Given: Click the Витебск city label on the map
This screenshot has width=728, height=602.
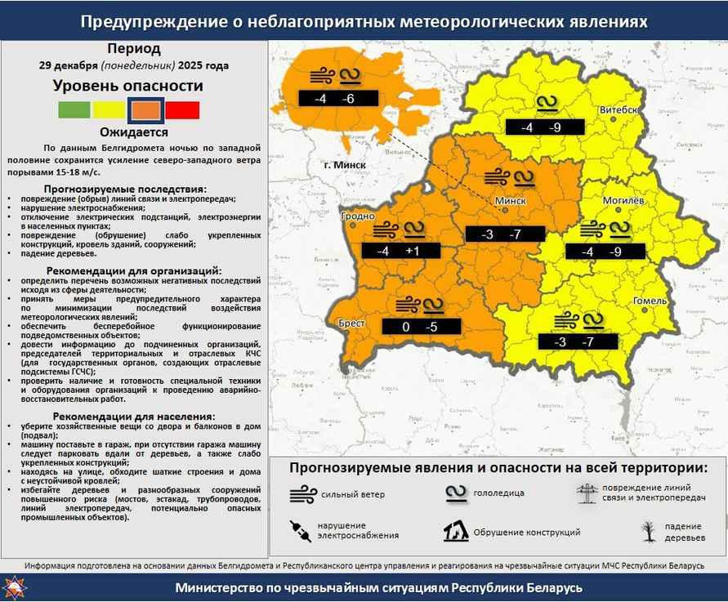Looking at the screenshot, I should pyautogui.click(x=619, y=109).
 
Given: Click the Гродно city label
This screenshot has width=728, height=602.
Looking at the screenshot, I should pyautogui.click(x=356, y=216).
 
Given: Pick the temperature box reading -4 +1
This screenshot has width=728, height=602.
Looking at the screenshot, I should pyautogui.click(x=397, y=252).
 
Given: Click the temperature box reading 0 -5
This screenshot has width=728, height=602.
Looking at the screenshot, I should pyautogui.click(x=421, y=328).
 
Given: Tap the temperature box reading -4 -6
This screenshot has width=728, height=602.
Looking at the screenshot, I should pyautogui.click(x=337, y=98).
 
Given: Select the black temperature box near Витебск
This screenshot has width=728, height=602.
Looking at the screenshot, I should pyautogui.click(x=544, y=127).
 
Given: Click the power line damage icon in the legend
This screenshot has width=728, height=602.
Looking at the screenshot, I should pyautogui.click(x=585, y=493).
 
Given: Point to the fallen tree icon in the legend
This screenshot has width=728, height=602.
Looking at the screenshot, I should pyautogui.click(x=648, y=532).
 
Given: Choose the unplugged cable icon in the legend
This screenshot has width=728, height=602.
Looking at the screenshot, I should pyautogui.click(x=300, y=532).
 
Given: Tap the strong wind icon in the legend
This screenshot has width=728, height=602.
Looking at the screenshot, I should pyautogui.click(x=302, y=493).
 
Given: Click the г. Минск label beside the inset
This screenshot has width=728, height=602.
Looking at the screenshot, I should pyautogui.click(x=343, y=165).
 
